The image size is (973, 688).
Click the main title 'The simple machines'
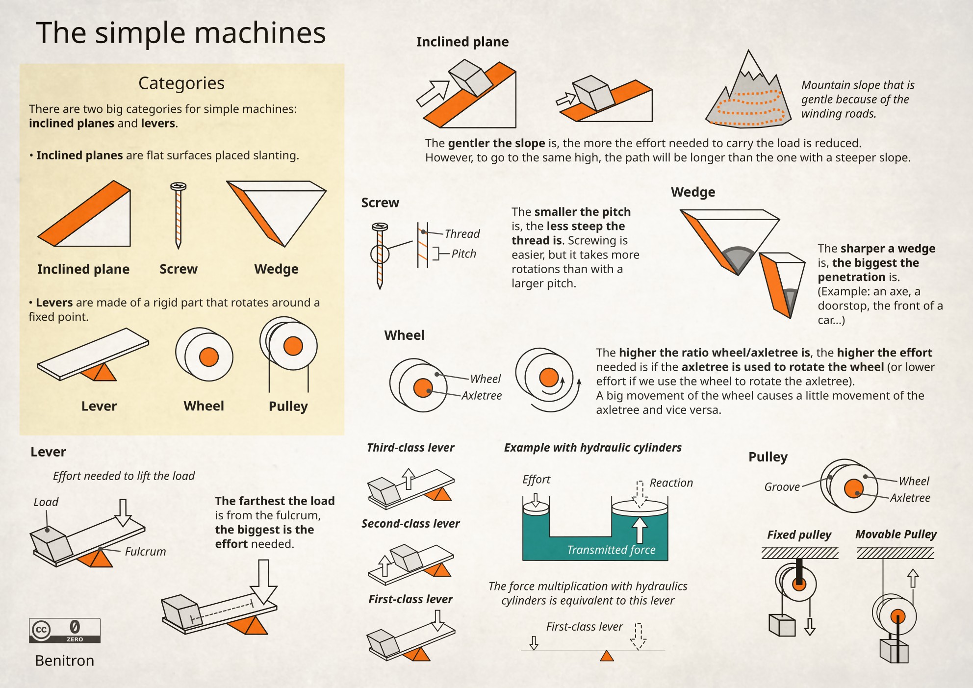tap(181, 33)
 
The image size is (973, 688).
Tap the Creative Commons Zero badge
tap(65, 630)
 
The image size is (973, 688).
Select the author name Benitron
tap(65, 661)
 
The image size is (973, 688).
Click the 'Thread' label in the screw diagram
tap(462, 234)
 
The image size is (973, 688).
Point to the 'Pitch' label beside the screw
tap(463, 254)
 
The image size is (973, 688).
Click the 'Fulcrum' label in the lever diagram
tap(145, 552)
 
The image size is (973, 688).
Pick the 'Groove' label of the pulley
tap(782, 487)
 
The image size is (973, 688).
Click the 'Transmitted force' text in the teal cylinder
tap(611, 550)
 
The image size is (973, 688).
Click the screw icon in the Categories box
tap(178, 215)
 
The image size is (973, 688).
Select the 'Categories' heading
tap(181, 83)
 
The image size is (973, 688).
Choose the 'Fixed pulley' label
tap(799, 535)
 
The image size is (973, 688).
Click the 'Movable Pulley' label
tap(896, 534)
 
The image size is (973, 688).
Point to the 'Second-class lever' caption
tap(410, 524)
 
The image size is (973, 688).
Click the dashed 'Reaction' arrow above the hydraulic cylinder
tap(640, 494)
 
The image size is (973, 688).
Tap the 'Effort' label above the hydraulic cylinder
tap(536, 480)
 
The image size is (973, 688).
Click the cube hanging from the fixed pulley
tap(782, 625)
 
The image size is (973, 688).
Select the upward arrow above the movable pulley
tap(913, 578)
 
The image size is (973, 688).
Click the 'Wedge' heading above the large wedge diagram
tap(693, 192)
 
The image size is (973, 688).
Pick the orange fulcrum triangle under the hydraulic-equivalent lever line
tap(607, 656)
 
